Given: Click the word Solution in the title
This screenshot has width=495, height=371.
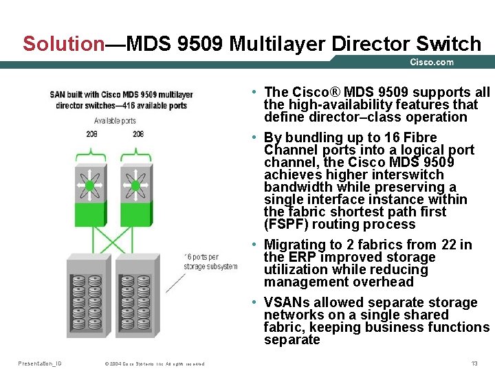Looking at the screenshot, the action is (x=63, y=44).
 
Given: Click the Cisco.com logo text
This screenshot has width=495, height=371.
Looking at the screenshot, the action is (x=432, y=63).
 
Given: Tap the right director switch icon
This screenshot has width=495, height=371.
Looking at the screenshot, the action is (x=135, y=185).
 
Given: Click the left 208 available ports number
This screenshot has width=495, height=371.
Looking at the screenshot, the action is (x=91, y=133).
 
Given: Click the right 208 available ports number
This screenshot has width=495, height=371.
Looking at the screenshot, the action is (x=138, y=133).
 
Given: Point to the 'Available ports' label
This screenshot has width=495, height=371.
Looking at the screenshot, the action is (x=115, y=120).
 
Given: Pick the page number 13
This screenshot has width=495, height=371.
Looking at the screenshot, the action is (x=474, y=363).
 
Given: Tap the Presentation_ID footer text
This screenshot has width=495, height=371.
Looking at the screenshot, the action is (x=39, y=363).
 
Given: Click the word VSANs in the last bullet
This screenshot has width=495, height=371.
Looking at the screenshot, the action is (x=283, y=303).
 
